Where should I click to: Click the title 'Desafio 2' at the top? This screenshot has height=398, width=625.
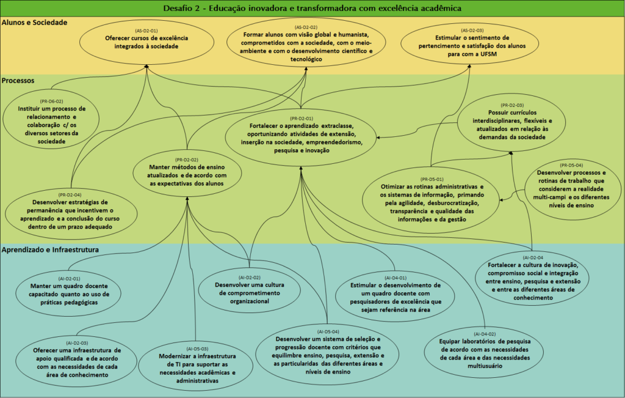(x=312, y=8)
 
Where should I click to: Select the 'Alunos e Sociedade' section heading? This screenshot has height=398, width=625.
(x=34, y=22)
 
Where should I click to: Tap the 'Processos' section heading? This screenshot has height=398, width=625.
(x=18, y=81)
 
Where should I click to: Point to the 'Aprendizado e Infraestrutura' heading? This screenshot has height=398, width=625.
(x=51, y=249)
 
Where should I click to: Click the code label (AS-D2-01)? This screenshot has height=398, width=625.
(x=146, y=30)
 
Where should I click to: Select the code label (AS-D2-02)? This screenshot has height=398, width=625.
(x=306, y=27)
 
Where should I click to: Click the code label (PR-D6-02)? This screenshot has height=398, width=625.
(x=51, y=101)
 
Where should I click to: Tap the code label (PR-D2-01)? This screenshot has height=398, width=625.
(x=302, y=118)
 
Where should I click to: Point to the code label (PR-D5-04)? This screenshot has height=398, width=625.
(x=571, y=165)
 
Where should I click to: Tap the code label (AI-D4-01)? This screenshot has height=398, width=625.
(x=391, y=277)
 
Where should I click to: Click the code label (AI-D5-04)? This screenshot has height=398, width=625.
(x=328, y=331)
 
